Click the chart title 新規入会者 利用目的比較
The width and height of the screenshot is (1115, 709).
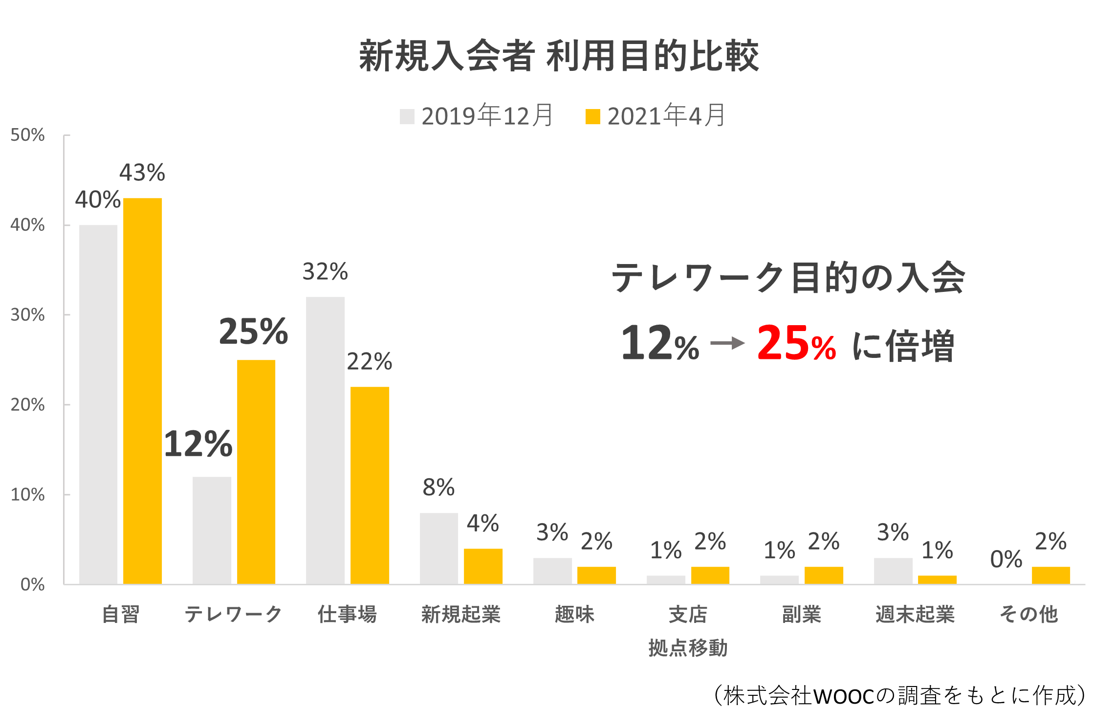click(x=559, y=56)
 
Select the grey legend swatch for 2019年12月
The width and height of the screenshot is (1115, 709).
click(x=407, y=116)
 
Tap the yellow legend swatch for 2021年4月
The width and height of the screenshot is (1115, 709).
click(x=592, y=116)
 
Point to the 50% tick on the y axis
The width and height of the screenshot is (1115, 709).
click(x=27, y=135)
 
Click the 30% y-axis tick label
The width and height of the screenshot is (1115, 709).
click(x=27, y=315)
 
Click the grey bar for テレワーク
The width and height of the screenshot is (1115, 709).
click(x=212, y=530)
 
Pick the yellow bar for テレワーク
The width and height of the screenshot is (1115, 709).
click(x=256, y=471)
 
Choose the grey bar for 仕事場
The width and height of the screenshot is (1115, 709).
click(x=325, y=440)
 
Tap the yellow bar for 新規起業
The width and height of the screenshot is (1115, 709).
click(x=483, y=566)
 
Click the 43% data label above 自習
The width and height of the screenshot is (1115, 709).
click(x=142, y=173)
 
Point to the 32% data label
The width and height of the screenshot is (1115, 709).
click(x=325, y=272)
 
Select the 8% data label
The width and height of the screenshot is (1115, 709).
click(x=438, y=487)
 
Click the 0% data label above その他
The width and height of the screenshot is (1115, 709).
click(x=1006, y=559)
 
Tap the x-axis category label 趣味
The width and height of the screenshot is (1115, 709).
click(x=574, y=614)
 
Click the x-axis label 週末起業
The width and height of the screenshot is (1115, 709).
click(x=915, y=614)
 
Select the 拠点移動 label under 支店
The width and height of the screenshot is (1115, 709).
click(x=688, y=648)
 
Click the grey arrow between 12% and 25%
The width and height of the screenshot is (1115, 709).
click(x=727, y=343)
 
